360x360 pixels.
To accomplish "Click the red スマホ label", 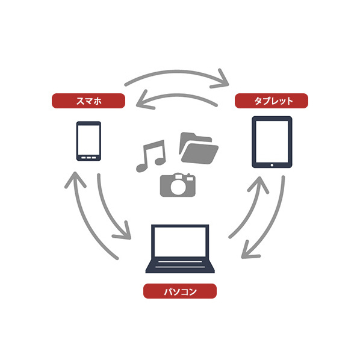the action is (x=88, y=101).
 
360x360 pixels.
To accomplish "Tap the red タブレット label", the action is (x=272, y=101).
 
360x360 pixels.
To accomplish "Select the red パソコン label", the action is (x=180, y=291).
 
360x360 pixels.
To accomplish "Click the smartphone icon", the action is (x=88, y=141).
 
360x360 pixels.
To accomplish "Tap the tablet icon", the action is (x=272, y=142).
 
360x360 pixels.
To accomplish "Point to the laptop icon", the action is (x=180, y=249).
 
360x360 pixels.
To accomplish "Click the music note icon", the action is (x=151, y=156).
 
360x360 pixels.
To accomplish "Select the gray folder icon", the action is (x=199, y=148).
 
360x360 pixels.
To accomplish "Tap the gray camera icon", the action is (x=178, y=185).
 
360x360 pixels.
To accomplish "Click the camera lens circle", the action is (x=178, y=186).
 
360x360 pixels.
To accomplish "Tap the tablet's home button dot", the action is (x=272, y=165).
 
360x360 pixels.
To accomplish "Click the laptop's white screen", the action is (x=180, y=242).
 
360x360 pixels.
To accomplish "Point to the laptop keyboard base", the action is (x=180, y=265).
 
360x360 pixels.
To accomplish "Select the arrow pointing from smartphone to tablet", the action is (x=177, y=72).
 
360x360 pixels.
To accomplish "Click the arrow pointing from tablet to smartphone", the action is (x=177, y=95).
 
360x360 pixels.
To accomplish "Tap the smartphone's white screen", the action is (x=88, y=140).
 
